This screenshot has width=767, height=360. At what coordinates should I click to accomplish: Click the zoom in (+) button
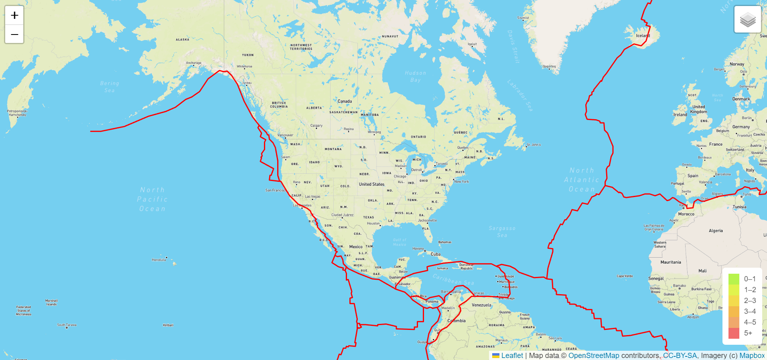tap(14, 15)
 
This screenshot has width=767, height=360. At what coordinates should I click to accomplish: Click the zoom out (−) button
tap(14, 34)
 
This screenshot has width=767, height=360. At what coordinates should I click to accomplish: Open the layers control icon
tap(747, 19)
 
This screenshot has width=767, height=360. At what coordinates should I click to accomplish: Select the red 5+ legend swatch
tap(734, 333)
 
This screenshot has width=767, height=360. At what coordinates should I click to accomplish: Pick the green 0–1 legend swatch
tap(734, 279)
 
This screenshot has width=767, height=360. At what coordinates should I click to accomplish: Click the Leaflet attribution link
tap(512, 356)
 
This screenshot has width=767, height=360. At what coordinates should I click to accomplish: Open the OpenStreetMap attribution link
tap(594, 356)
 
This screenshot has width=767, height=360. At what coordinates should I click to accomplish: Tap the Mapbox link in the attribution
tap(752, 356)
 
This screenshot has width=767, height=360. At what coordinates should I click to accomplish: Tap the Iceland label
tap(643, 36)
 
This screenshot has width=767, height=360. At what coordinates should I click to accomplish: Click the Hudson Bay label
tap(416, 76)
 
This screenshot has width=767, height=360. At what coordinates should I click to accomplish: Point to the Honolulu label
tap(159, 260)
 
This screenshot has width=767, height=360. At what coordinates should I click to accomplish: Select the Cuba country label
tap(435, 254)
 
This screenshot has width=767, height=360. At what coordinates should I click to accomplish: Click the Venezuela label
tap(481, 305)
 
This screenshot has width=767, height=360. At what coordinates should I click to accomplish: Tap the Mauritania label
tap(671, 262)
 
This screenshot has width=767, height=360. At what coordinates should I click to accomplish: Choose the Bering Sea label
tap(110, 87)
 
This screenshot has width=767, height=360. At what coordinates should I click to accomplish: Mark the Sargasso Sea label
tap(502, 232)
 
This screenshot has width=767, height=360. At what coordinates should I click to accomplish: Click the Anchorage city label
tap(194, 63)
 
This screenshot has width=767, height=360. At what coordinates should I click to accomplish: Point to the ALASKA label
tap(183, 40)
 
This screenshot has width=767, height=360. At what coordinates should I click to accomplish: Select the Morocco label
tap(686, 214)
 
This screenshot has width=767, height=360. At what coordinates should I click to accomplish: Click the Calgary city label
tap(316, 126)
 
